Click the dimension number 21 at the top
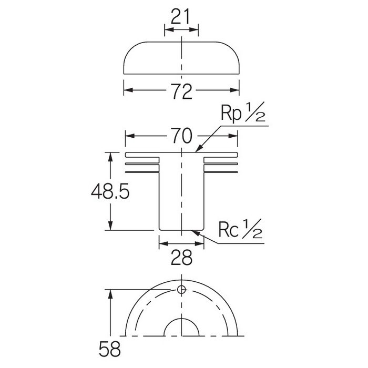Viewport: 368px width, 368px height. (x=180, y=16)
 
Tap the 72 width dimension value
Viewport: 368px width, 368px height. (x=181, y=91)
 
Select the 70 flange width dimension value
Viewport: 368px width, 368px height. (x=181, y=136)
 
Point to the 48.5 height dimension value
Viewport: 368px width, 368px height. (x=110, y=191)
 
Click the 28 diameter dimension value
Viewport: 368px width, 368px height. (x=181, y=258)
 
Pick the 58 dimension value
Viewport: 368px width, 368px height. (x=109, y=349)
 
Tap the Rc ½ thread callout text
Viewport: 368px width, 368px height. (x=240, y=229)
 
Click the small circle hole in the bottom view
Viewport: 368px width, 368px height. (x=181, y=290)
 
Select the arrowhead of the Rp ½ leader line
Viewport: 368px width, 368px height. (x=198, y=149)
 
